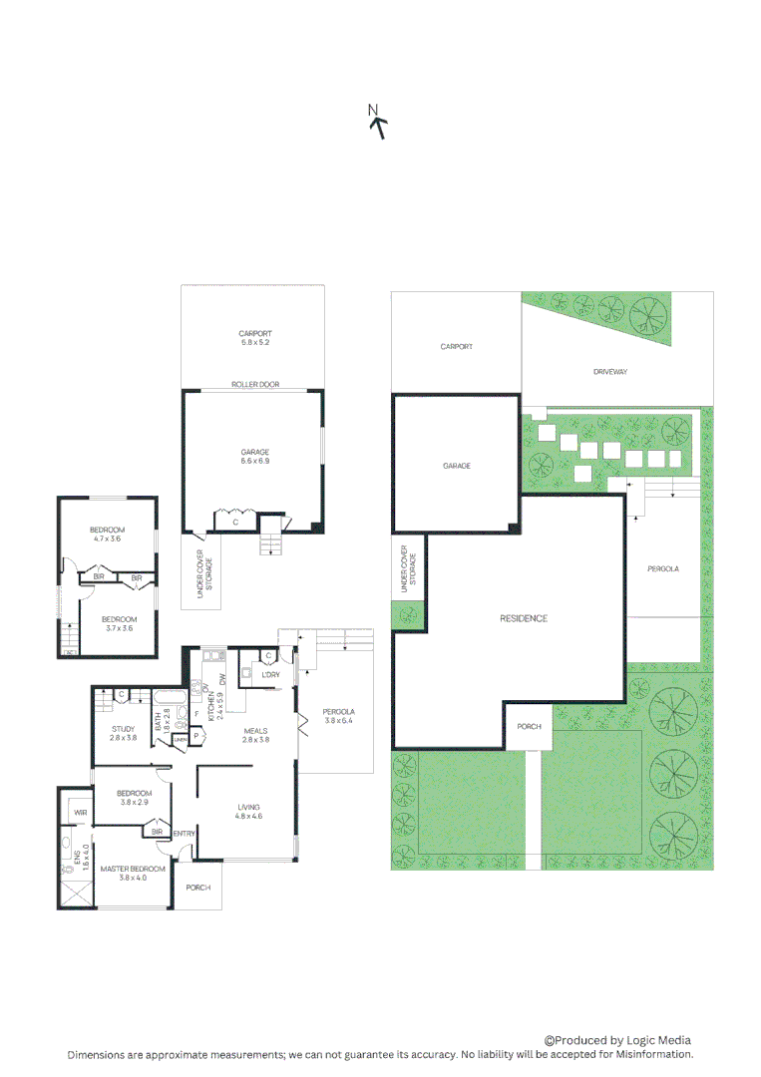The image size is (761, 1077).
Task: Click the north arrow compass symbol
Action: [377, 121]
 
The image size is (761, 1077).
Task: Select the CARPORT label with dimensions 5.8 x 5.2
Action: [255, 338]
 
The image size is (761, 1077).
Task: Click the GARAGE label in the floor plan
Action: [255, 457]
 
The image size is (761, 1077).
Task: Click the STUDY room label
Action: [123, 733]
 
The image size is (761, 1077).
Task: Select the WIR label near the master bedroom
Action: [78, 814]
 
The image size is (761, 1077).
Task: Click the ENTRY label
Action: [184, 834]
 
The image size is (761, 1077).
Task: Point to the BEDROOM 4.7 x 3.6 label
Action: [106, 534]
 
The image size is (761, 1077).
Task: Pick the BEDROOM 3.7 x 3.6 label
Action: [120, 623]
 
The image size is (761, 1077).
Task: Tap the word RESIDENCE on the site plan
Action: [524, 618]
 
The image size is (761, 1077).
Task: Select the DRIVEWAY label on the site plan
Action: [609, 372]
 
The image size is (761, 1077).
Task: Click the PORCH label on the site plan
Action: [529, 726]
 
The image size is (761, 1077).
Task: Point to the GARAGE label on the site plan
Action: [456, 466]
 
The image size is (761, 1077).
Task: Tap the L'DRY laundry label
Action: [269, 676]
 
